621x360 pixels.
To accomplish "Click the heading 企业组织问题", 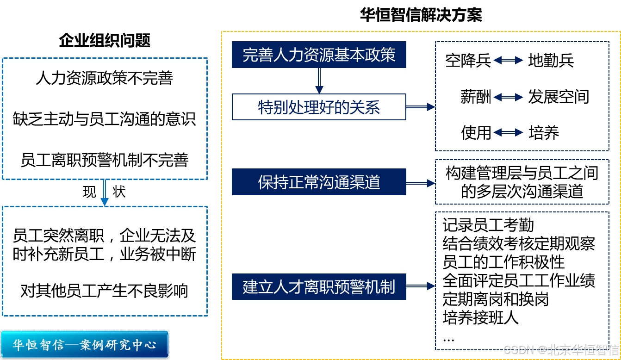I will tap(105, 41).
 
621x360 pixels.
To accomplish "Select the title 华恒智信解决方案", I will tap(421, 15).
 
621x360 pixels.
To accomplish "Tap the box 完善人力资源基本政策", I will tap(319, 55).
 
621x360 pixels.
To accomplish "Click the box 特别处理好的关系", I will tap(319, 107).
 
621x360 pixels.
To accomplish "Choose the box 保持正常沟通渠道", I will tap(319, 182).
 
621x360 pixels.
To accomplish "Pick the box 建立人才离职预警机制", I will tap(319, 286).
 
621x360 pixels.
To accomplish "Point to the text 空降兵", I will tap(468, 61).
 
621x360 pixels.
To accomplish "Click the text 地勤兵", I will tap(551, 61).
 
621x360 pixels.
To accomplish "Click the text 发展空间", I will tap(559, 97).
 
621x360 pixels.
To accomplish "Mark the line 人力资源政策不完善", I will tap(105, 78).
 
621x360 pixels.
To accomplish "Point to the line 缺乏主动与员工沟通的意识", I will tap(105, 119).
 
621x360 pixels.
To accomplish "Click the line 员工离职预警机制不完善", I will tap(105, 160).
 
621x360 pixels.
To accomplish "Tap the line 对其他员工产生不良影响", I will tap(105, 291).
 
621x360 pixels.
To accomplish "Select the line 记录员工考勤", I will tap(488, 225).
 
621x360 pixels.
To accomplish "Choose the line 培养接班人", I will tap(480, 318).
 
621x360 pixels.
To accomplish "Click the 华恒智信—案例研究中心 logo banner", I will tap(84, 345).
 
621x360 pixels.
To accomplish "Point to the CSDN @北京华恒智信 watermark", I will tap(561, 349).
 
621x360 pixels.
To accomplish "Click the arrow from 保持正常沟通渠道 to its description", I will tap(420, 183).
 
